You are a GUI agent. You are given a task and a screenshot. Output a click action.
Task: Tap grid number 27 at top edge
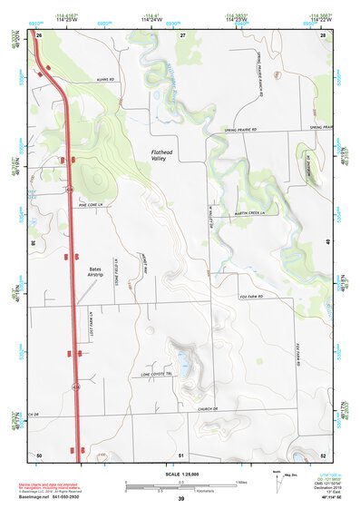(x=182, y=34)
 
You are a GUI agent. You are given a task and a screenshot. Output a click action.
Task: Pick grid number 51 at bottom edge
(x=181, y=455)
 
